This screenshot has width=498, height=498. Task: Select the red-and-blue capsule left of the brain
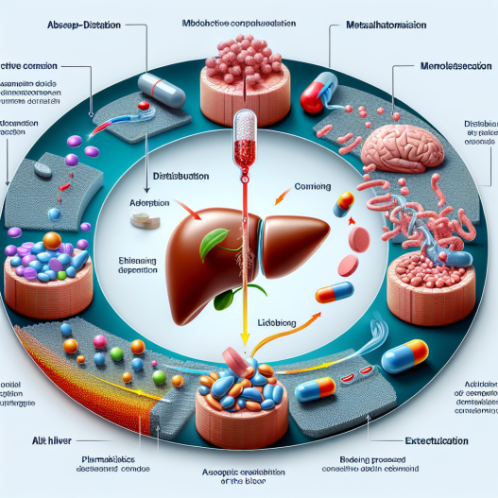click(x=317, y=93)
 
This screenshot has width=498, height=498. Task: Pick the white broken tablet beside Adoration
click(x=144, y=219)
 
